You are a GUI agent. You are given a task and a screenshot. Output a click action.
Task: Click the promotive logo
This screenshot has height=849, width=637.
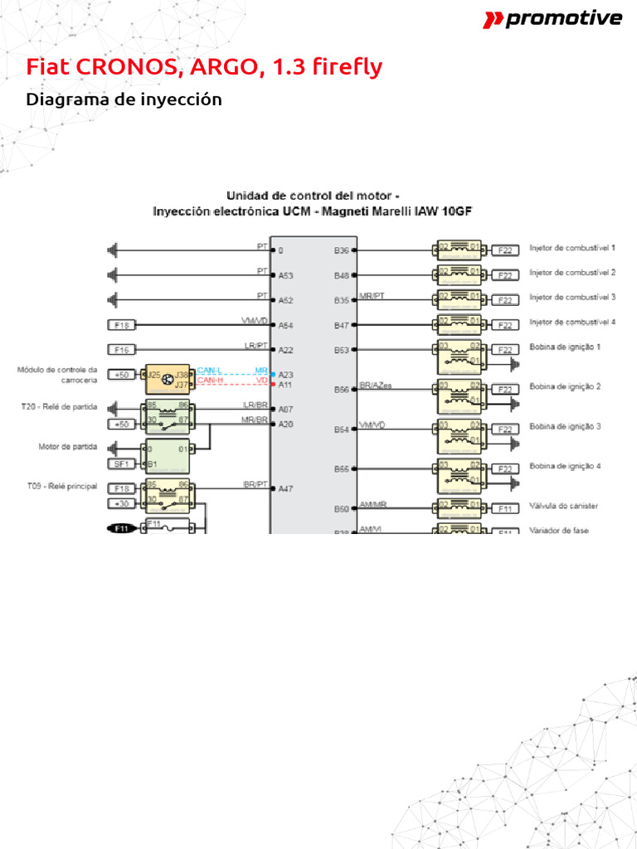pyautogui.click(x=552, y=19)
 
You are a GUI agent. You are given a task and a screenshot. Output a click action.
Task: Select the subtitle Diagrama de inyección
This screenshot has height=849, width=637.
pyautogui.click(x=124, y=99)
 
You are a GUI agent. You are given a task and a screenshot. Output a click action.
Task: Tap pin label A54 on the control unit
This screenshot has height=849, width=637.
pyautogui.click(x=286, y=326)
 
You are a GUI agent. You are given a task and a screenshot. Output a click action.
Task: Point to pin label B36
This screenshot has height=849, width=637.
pyautogui.click(x=342, y=250)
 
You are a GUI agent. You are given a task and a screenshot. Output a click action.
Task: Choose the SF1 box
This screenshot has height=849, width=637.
pyautogui.click(x=121, y=463)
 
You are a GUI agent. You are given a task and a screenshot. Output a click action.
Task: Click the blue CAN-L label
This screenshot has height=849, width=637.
pyautogui.click(x=210, y=371)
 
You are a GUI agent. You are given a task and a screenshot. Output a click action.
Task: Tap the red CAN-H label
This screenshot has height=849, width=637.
pyautogui.click(x=210, y=381)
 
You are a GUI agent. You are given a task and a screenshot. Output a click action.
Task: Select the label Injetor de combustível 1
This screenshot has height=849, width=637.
pyautogui.click(x=572, y=248)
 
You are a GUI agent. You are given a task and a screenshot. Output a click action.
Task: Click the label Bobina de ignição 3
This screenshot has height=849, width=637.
pyautogui.click(x=565, y=426)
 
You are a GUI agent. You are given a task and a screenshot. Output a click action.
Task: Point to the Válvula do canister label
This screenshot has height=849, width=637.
pyautogui.click(x=563, y=506)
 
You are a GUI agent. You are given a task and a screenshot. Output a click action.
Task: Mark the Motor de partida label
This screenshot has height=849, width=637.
pyautogui.click(x=68, y=446)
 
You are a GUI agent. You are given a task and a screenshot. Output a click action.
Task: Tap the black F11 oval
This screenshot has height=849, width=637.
pyautogui.click(x=123, y=527)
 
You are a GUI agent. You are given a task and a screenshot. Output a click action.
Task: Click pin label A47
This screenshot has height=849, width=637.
pyautogui.click(x=286, y=489)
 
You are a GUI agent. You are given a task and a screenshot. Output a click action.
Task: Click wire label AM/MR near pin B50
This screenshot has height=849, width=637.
pyautogui.click(x=372, y=504)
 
